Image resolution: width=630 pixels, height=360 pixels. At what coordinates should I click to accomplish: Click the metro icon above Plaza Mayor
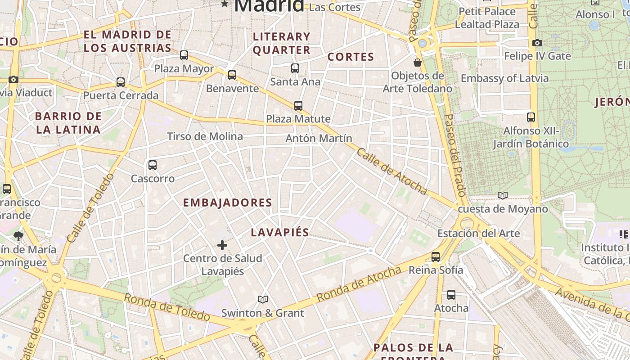(x=184, y=55)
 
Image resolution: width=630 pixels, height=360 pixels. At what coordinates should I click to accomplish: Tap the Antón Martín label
(x=319, y=138)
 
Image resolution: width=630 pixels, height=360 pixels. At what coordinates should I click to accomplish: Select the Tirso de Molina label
(x=205, y=136)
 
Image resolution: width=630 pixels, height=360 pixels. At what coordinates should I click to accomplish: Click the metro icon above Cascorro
(x=153, y=165)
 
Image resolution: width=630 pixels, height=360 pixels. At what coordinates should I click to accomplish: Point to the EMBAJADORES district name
(x=227, y=202)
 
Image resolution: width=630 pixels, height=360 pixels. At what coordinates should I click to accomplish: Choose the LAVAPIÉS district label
(x=280, y=233)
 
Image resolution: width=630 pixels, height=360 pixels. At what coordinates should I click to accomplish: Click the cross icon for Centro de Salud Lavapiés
(x=222, y=245)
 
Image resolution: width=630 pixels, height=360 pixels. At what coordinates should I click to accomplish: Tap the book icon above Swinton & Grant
(x=263, y=299)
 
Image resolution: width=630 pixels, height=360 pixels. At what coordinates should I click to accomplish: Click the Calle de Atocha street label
(x=391, y=171)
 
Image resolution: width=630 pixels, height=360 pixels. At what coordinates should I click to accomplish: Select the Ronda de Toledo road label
(x=166, y=307)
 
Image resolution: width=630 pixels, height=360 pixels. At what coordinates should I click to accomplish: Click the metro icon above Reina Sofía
(x=436, y=257)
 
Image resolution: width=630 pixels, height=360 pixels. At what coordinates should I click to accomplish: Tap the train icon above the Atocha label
(x=451, y=295)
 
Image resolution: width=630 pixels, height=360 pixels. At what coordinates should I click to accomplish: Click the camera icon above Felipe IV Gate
(x=537, y=43)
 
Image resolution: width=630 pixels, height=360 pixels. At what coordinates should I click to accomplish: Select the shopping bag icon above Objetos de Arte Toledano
(x=418, y=62)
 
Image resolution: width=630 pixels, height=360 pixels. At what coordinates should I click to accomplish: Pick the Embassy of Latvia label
(x=504, y=78)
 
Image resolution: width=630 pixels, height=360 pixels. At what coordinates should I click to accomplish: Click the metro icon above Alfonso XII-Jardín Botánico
(x=531, y=117)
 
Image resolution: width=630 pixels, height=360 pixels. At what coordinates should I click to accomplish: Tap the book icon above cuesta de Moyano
(x=503, y=195)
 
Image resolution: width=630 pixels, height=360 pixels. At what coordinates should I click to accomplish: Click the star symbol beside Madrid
(x=225, y=4)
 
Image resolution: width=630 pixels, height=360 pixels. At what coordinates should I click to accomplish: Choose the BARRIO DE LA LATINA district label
(x=68, y=123)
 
